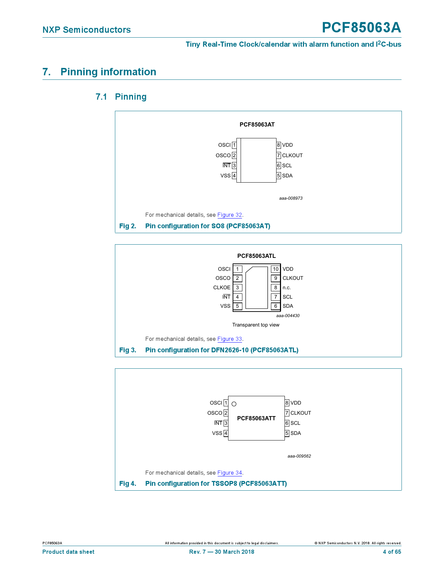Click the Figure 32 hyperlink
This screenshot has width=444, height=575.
pyautogui.click(x=229, y=215)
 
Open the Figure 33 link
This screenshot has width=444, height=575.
pyautogui.click(x=229, y=339)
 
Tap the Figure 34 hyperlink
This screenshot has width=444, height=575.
pyautogui.click(x=229, y=473)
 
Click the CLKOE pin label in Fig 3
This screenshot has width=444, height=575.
pyautogui.click(x=222, y=288)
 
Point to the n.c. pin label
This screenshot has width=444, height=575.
pyautogui.click(x=287, y=288)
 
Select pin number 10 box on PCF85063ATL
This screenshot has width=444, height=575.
pyautogui.click(x=275, y=269)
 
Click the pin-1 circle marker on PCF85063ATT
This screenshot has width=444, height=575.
pyautogui.click(x=234, y=404)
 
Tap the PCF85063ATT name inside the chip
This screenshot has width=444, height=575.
pyautogui.click(x=256, y=418)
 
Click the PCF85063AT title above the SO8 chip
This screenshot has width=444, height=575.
pyautogui.click(x=257, y=125)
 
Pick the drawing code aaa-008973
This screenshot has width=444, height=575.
pyautogui.click(x=291, y=198)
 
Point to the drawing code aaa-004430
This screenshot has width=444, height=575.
pyautogui.click(x=288, y=316)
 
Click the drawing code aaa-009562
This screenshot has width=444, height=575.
pyautogui.click(x=299, y=456)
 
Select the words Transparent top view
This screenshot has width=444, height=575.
pyautogui.click(x=256, y=325)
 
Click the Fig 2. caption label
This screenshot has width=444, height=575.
pyautogui.click(x=128, y=226)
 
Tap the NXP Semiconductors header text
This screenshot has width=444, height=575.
pyautogui.click(x=87, y=30)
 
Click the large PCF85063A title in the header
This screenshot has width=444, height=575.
pyautogui.click(x=361, y=28)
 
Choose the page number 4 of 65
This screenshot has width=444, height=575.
pyautogui.click(x=392, y=552)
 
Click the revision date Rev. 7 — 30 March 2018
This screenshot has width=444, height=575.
pyautogui.click(x=221, y=552)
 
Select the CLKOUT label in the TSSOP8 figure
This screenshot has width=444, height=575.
pyautogui.click(x=301, y=413)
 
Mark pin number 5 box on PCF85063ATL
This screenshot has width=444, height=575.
pyautogui.click(x=237, y=306)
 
